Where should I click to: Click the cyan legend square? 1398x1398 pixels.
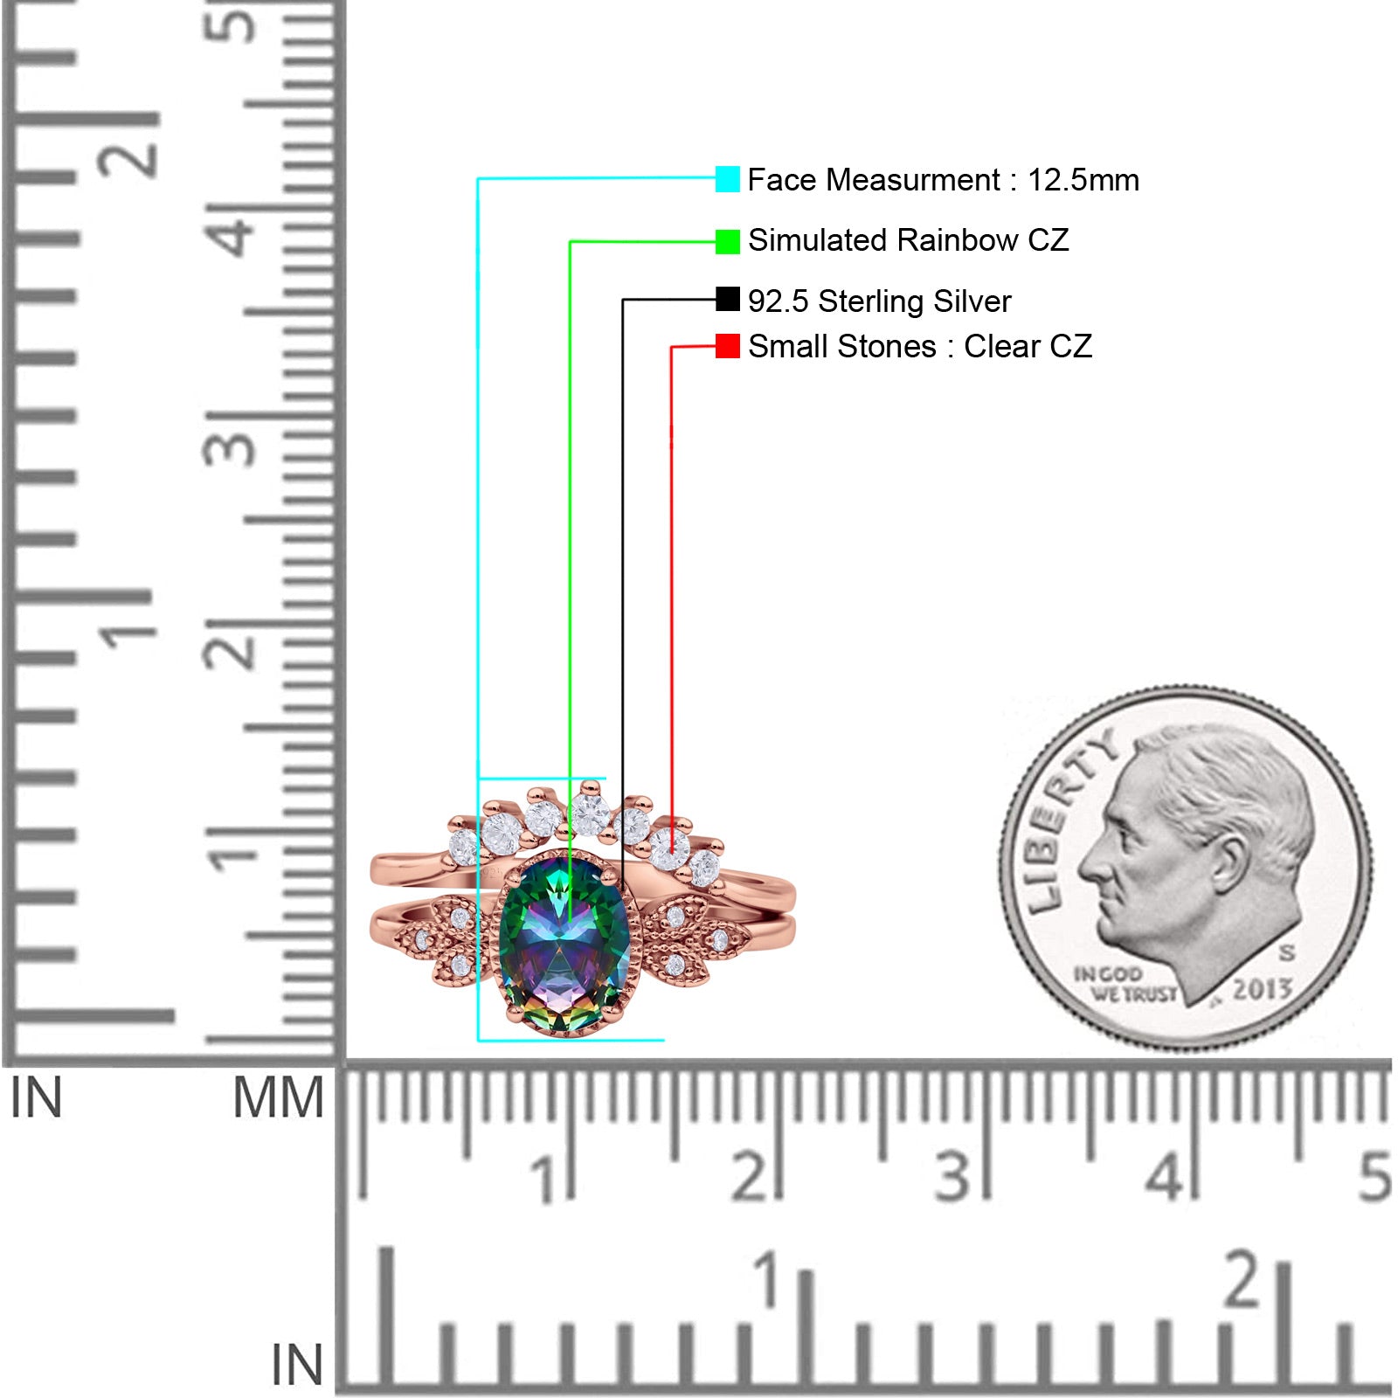coord(727,179)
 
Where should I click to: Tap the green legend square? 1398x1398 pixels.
coord(727,241)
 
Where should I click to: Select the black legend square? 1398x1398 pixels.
coord(727,300)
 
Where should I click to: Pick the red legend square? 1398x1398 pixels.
coord(727,346)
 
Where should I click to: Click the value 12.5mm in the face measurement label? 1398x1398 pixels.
coord(1083,180)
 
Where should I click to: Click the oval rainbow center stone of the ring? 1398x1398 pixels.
coord(564,945)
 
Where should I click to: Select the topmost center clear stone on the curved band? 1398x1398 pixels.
coord(590,813)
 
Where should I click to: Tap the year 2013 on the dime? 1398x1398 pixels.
coord(1262,989)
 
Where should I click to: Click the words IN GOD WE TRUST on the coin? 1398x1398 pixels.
coord(1125,983)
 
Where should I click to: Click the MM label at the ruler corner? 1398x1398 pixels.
coord(278,1098)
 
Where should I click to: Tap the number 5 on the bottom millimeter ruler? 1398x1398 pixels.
coord(1374,1177)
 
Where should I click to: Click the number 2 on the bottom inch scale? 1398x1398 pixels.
coord(1242,1278)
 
